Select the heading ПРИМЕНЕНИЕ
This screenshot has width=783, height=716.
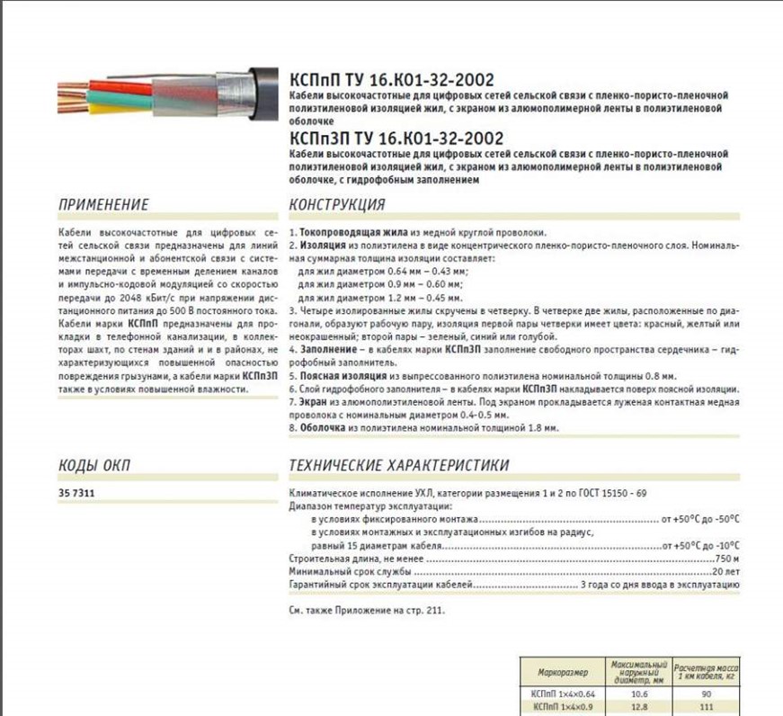click(x=103, y=204)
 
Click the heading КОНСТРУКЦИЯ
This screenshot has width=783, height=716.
click(x=337, y=204)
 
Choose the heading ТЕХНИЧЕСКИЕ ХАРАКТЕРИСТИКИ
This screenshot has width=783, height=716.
click(x=399, y=465)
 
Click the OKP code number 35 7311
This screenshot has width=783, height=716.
click(x=77, y=494)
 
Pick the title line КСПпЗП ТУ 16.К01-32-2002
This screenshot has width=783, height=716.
click(x=396, y=138)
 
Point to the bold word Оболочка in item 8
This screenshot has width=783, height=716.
click(x=321, y=428)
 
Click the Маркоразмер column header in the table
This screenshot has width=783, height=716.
click(x=563, y=672)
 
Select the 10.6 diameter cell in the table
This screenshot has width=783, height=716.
click(x=639, y=694)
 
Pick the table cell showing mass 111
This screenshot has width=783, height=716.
click(x=707, y=707)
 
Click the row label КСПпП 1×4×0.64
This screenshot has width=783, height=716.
click(x=564, y=694)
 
